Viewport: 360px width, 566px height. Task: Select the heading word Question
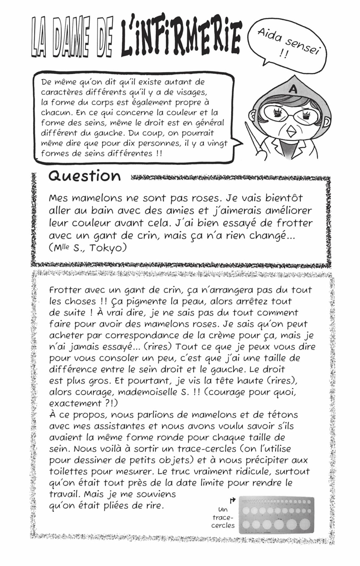[85, 176]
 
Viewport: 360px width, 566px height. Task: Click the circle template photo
[276, 515]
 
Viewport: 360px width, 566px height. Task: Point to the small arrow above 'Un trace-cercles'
[232, 500]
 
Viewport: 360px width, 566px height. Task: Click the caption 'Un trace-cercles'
[223, 517]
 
